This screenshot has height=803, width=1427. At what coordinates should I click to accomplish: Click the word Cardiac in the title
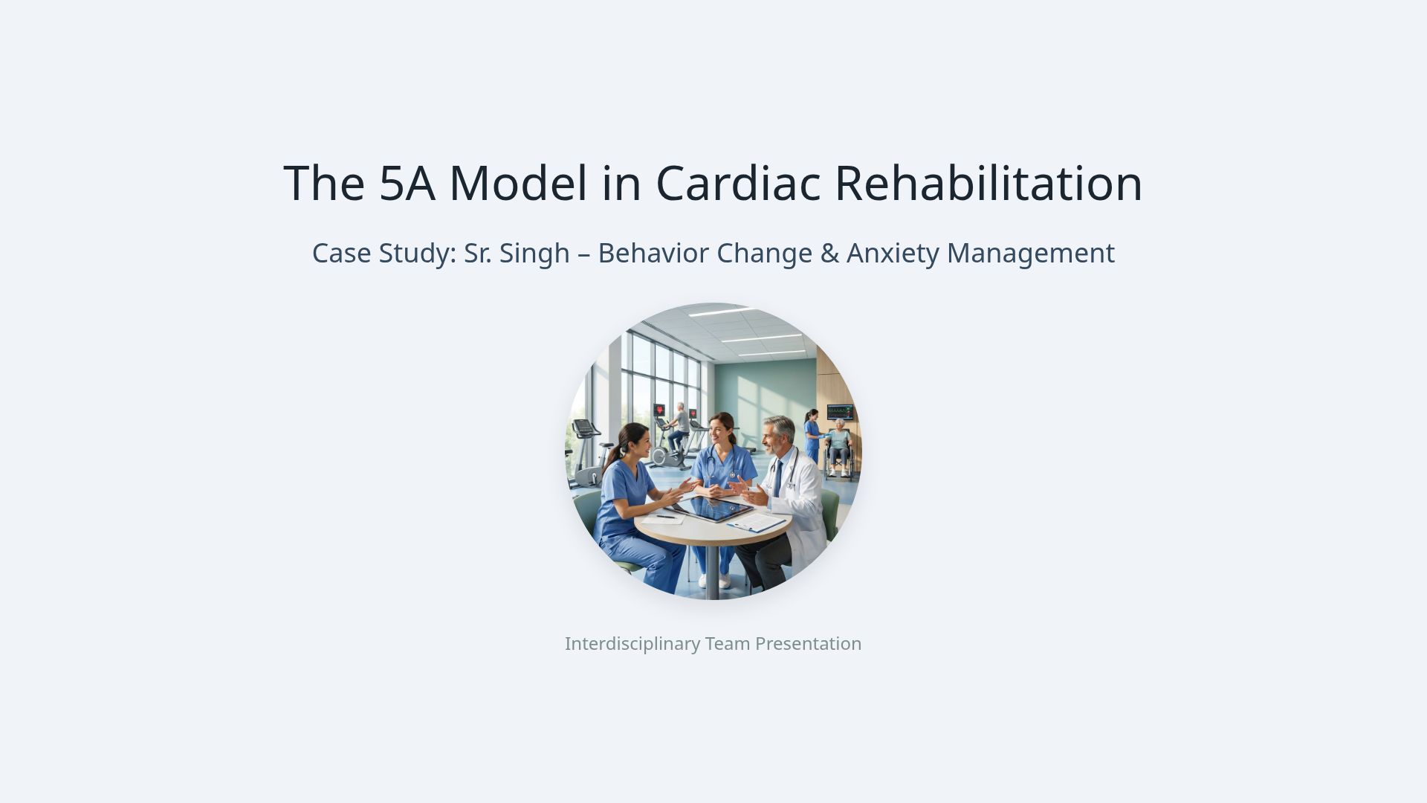(x=737, y=183)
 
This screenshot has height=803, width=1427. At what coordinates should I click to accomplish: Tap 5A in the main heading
(x=407, y=183)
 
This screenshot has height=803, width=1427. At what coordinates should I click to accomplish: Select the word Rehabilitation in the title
(x=988, y=183)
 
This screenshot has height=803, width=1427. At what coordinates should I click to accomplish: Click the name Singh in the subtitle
(x=534, y=254)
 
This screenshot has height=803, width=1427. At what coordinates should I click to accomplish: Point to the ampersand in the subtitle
(x=829, y=254)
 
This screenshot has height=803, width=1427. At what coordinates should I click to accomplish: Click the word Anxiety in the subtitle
(x=893, y=254)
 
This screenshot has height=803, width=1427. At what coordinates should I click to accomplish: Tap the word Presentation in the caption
(x=808, y=644)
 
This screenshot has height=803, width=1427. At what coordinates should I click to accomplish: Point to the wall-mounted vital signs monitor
(x=840, y=412)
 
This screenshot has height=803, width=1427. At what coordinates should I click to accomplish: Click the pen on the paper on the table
(x=665, y=516)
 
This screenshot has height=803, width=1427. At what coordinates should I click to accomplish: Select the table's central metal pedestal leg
(x=712, y=569)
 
